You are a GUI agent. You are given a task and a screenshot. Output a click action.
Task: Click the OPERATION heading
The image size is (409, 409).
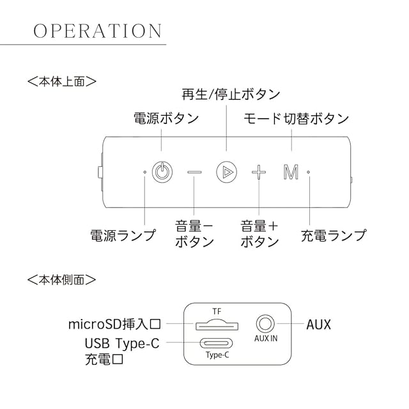[98, 31]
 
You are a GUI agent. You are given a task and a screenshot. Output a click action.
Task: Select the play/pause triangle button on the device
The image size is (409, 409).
[226, 171]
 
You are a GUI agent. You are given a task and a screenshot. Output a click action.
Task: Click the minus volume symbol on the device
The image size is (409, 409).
[194, 171]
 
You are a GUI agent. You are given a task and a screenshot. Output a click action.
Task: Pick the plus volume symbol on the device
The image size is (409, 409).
[258, 171]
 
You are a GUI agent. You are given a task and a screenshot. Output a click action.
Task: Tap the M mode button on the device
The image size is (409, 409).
[291, 171]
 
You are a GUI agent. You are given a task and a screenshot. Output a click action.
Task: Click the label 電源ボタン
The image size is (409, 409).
[166, 120]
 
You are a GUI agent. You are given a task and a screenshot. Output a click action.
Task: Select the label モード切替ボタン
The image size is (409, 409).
[297, 120]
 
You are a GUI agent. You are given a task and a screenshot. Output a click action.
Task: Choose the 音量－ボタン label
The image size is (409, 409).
[194, 234]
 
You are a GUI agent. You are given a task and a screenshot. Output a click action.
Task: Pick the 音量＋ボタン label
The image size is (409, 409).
[259, 234]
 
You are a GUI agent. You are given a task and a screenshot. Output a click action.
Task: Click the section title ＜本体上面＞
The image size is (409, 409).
[62, 82]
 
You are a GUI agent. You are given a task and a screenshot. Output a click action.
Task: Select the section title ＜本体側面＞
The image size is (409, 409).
[62, 279]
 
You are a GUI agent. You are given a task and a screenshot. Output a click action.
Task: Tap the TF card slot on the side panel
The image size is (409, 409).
[217, 324]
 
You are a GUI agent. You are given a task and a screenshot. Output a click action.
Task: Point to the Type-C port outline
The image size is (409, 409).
[217, 343]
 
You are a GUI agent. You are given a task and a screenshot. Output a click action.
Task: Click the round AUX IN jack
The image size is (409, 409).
[265, 323]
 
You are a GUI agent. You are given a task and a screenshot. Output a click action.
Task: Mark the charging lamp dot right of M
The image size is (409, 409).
[308, 171]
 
